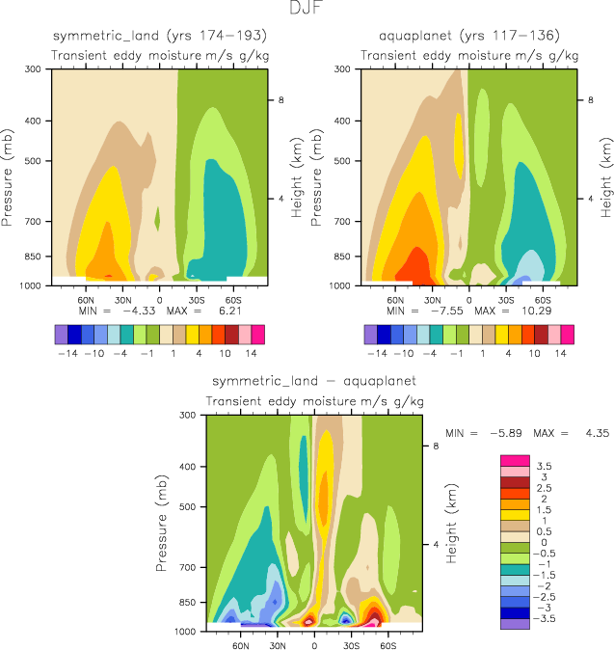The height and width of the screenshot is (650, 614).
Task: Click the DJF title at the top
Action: click(x=307, y=9)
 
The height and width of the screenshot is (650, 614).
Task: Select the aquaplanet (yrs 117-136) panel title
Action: click(x=469, y=37)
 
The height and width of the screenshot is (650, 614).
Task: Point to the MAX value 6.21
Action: click(x=247, y=313)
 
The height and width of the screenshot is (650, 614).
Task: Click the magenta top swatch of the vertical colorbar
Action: click(x=509, y=459)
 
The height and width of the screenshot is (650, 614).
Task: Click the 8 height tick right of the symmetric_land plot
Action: click(x=280, y=100)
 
